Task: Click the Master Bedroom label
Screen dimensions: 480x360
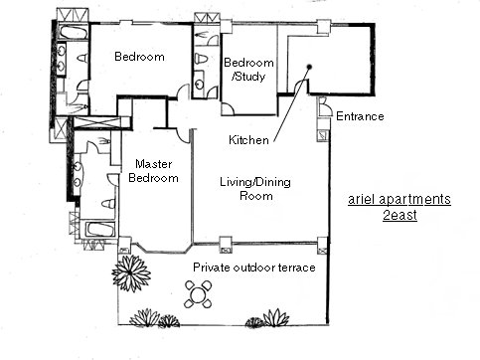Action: (153, 171)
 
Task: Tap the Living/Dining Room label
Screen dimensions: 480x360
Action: (255, 189)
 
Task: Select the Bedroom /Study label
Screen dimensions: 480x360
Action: (248, 70)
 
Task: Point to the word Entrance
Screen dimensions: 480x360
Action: (360, 116)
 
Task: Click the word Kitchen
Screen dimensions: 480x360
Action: (248, 140)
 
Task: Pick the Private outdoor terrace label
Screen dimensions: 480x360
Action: (254, 268)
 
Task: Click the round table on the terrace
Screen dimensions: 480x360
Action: (198, 294)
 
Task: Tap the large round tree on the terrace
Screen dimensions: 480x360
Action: (131, 273)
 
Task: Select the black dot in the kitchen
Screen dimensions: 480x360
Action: (309, 67)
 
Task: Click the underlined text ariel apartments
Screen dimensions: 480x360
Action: (400, 200)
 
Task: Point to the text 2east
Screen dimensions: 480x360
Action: (400, 215)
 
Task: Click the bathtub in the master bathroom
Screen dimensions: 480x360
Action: (100, 230)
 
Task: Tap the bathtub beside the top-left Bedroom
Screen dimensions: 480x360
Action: (74, 32)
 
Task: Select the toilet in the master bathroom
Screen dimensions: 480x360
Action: (108, 203)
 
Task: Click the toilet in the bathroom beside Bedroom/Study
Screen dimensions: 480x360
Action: (201, 59)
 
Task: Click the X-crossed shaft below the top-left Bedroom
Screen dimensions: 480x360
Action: (96, 121)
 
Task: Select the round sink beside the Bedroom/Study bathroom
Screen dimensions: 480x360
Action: (200, 85)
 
